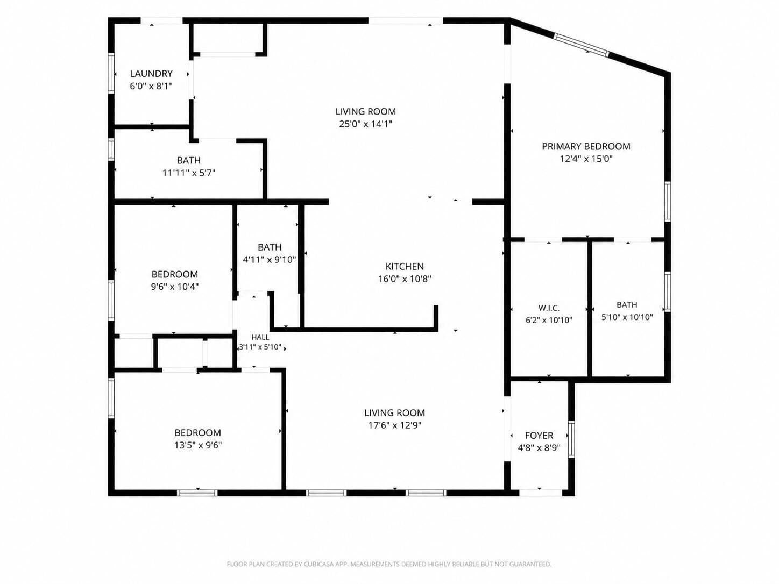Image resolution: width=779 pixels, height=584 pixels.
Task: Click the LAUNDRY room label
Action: click(x=151, y=73)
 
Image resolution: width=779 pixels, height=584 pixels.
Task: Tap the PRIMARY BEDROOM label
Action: click(x=586, y=146)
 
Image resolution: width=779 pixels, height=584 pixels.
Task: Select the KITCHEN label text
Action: click(x=405, y=266)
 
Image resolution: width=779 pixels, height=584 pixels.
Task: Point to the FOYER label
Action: click(x=539, y=435)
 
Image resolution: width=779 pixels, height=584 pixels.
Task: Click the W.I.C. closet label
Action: click(x=549, y=308)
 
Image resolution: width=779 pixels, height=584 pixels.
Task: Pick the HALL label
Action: click(x=260, y=337)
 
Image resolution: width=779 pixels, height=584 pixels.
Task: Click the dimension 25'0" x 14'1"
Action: click(x=365, y=124)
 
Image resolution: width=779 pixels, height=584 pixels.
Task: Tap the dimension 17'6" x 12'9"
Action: click(x=395, y=425)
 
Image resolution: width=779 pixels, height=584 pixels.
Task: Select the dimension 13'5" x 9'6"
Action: click(x=198, y=445)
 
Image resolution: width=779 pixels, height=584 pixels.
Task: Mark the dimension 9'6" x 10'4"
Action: click(x=175, y=287)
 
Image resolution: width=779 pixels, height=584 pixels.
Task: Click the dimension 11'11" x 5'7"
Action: click(x=189, y=173)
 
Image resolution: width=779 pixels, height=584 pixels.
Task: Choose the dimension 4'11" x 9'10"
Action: click(x=270, y=260)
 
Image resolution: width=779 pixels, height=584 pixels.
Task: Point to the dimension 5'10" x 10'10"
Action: click(x=627, y=317)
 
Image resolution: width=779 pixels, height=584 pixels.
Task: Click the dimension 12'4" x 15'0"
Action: click(x=586, y=159)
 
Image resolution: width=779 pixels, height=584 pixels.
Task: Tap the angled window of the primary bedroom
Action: click(x=582, y=45)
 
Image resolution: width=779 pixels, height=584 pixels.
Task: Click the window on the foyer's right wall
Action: click(x=571, y=439)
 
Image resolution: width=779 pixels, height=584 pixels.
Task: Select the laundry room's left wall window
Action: click(x=111, y=73)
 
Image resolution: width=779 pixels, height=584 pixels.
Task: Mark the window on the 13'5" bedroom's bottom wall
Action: click(x=197, y=493)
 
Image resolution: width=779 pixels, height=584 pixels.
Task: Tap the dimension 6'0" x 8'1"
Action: click(x=151, y=86)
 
